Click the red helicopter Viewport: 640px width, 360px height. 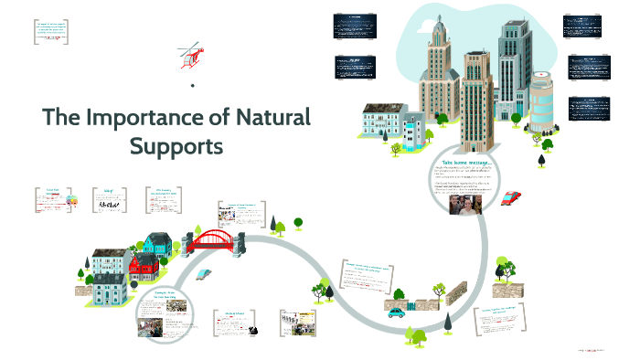coord(191,58)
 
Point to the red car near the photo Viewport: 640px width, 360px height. coord(512,197)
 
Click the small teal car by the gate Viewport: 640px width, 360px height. coord(396,312)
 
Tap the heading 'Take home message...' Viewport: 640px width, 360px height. coord(465,161)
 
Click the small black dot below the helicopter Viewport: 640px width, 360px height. coord(193,86)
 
